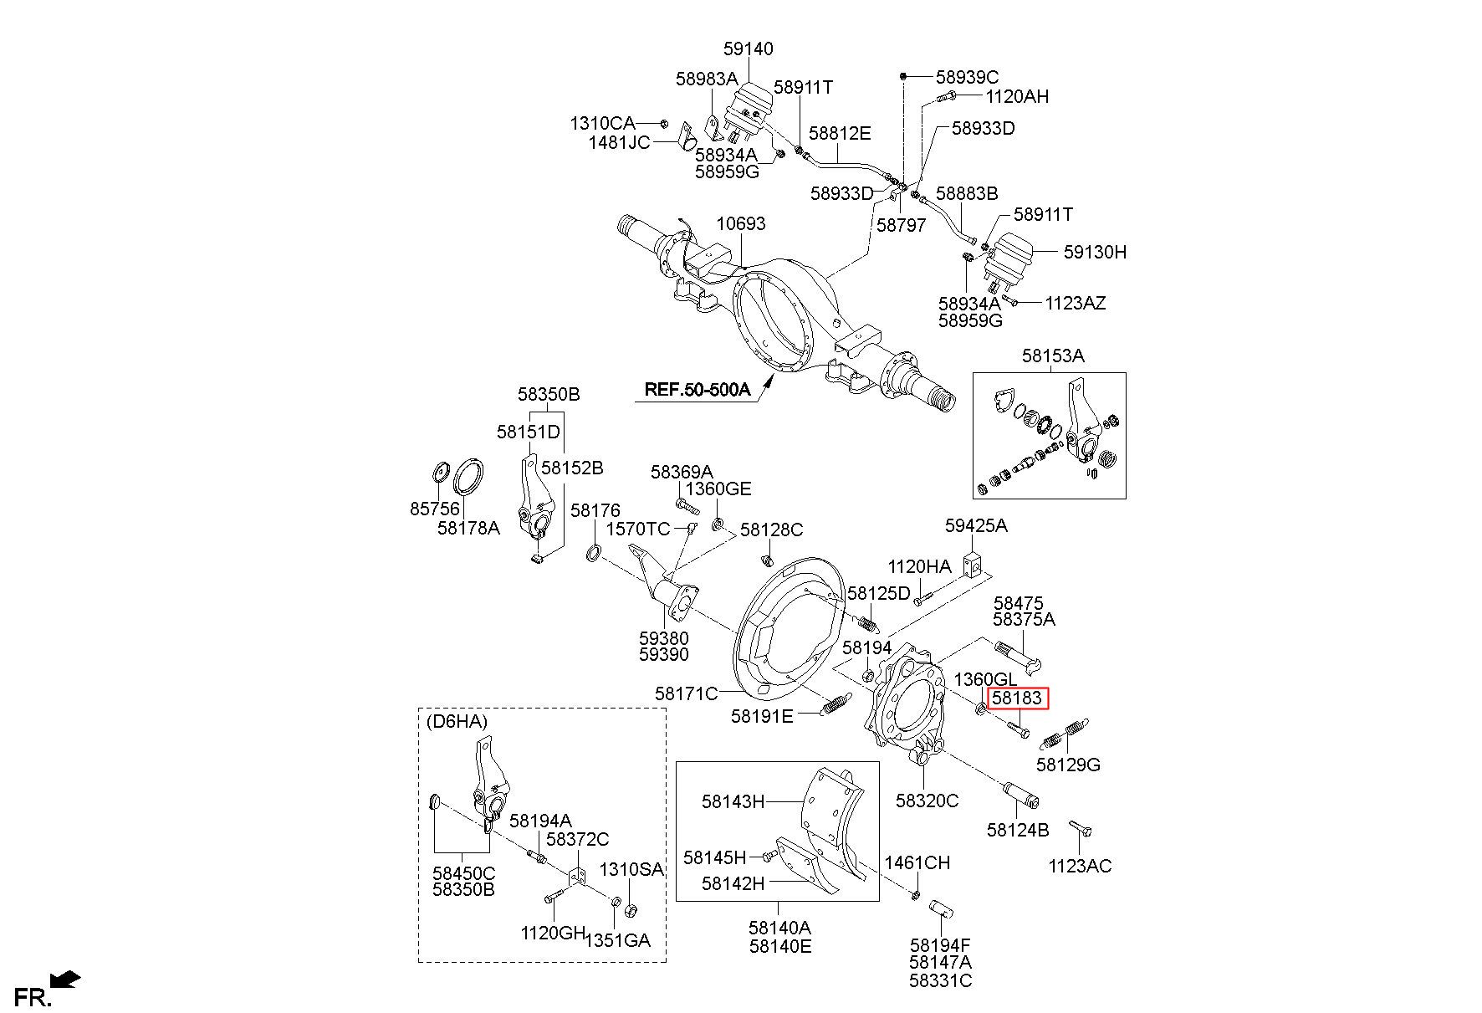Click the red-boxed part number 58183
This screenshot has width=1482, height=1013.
1016,698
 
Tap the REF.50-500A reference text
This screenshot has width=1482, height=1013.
697,389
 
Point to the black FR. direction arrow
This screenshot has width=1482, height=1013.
65,979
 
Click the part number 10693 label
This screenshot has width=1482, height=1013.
740,224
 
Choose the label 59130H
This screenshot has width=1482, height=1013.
1095,252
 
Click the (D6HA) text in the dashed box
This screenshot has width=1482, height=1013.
457,721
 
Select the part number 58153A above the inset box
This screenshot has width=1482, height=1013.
1052,356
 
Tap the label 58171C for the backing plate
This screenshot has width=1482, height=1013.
686,693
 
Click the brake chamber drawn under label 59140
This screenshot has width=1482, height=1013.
744,113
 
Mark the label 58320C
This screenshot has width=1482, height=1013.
927,801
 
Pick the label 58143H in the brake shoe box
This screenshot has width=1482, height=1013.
733,801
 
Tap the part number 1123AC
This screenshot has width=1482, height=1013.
1080,866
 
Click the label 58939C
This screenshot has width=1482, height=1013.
967,78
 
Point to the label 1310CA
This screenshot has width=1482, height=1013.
602,124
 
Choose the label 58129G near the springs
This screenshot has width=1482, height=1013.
1068,765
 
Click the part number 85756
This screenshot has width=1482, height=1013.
435,509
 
